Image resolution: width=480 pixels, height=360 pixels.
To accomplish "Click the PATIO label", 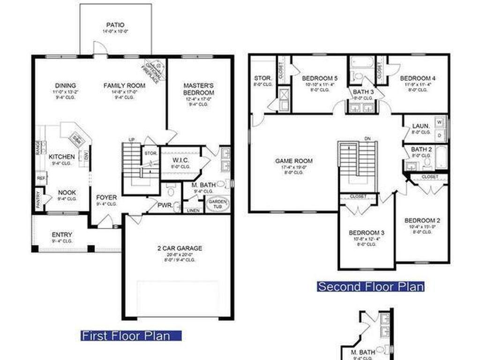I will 115,25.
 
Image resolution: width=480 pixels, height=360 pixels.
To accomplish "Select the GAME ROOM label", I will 293,161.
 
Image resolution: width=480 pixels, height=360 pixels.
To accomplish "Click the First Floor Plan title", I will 131,336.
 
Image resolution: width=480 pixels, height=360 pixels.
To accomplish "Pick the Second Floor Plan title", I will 371,286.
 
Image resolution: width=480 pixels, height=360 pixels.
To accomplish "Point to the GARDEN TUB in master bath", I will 218,203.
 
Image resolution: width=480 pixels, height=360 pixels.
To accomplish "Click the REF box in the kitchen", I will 41,178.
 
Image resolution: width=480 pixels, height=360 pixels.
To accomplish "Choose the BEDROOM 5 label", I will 320,78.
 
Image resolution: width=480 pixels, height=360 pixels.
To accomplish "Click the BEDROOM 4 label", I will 418,78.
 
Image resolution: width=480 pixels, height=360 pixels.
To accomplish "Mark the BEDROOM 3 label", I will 367,233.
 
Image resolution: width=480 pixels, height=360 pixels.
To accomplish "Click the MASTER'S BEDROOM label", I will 199,89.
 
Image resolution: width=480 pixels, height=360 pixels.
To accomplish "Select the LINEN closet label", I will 194,210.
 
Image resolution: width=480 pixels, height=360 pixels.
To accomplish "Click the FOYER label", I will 106,197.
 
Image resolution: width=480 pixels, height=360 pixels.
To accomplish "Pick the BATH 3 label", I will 364,92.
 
